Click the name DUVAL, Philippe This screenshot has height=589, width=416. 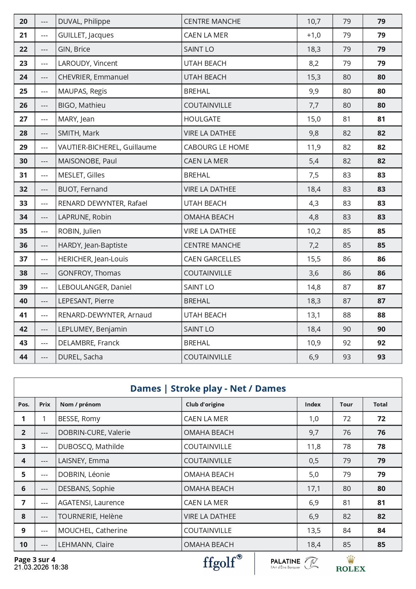[x=84, y=21]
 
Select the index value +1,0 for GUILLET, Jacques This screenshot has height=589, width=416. [x=314, y=35]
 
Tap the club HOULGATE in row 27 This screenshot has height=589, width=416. [x=202, y=119]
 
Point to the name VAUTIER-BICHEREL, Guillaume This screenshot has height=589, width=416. [x=107, y=147]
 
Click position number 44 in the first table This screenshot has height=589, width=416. [x=23, y=357]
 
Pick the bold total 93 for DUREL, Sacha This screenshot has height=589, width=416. [x=381, y=357]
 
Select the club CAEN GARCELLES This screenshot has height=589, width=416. [x=212, y=259]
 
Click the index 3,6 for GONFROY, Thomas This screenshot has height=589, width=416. [x=314, y=273]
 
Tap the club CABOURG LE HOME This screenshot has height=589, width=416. [x=216, y=147]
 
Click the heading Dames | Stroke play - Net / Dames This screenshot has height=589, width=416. [x=208, y=388]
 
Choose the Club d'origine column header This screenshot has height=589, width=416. [x=205, y=404]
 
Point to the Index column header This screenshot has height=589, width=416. [x=313, y=404]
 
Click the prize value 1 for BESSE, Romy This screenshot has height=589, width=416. [x=44, y=419]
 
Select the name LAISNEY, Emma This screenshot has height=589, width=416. [x=84, y=461]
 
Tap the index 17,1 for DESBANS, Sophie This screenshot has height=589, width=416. [x=314, y=489]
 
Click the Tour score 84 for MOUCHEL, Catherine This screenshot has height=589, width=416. [x=347, y=531]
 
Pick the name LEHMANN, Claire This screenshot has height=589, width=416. [x=86, y=545]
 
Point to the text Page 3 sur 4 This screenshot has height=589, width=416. [x=35, y=559]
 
